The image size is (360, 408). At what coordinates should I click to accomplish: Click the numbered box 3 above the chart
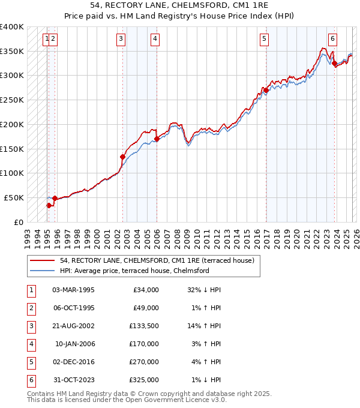121,40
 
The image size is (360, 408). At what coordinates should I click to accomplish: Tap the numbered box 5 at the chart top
264,40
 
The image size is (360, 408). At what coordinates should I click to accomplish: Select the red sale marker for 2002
123,157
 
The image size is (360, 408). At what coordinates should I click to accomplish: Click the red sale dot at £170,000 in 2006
157,139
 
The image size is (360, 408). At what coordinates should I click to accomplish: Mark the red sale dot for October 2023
334,63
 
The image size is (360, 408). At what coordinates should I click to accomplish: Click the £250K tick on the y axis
12,100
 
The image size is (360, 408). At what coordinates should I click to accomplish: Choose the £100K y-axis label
12,173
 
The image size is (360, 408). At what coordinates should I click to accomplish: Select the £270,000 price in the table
144,362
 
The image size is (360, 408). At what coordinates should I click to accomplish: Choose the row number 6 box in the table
29,380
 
